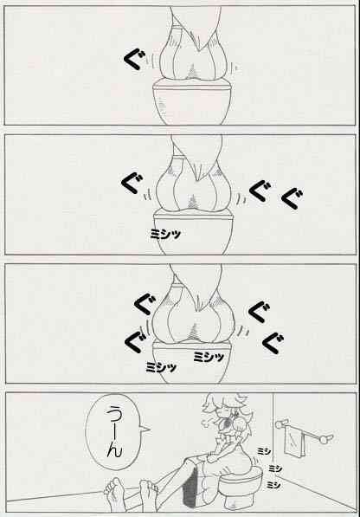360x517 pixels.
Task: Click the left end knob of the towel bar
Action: click(280, 424)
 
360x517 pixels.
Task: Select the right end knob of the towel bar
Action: click(326, 439)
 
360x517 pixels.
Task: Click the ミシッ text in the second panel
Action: click(165, 234)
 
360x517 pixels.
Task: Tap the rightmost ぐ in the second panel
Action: click(292, 199)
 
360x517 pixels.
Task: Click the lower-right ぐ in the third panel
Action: click(273, 343)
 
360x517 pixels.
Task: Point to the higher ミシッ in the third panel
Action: click(209, 357)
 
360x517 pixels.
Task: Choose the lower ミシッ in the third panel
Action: click(161, 367)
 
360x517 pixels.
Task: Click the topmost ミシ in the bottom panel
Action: click(264, 450)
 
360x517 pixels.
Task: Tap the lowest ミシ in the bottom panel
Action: click(273, 484)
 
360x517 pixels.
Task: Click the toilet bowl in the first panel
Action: click(191, 102)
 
